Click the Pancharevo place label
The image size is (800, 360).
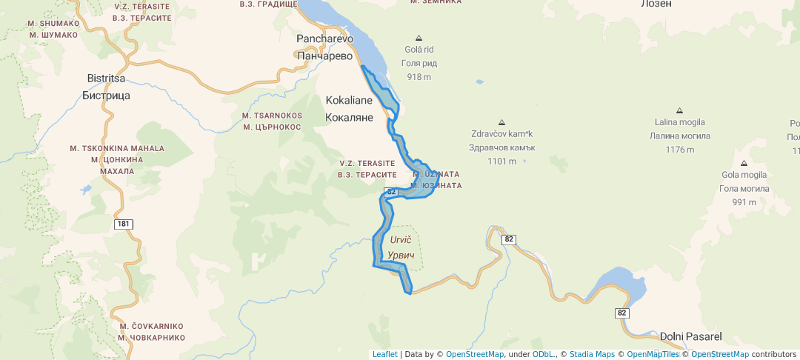(x=324, y=46)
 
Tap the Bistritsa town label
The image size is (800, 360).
(x=106, y=87)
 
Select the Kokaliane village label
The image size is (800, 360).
(x=349, y=108)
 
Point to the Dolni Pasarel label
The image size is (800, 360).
(x=690, y=336)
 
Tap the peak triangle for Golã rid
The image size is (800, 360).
(x=419, y=38)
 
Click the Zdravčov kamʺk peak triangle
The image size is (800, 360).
(x=501, y=122)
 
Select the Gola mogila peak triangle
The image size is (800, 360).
(x=743, y=163)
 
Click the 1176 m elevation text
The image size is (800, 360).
(x=679, y=149)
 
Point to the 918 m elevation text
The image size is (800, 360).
(x=419, y=77)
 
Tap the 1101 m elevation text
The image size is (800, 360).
(x=501, y=161)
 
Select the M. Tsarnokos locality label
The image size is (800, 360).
(x=271, y=121)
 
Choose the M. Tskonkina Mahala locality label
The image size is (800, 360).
(x=117, y=159)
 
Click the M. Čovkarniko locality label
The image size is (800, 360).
(x=151, y=331)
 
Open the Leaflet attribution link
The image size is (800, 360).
(x=384, y=354)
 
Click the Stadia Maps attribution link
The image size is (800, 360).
(x=592, y=354)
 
